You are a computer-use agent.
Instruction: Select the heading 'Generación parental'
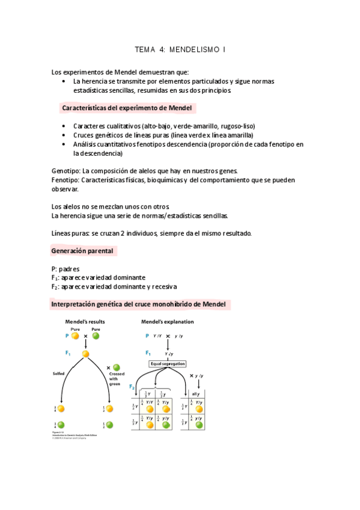pos(83,250)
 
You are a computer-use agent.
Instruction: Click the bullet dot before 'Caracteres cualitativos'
pos(64,126)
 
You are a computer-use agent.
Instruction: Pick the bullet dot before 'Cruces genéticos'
pos(64,135)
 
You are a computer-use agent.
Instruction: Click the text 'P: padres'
pos(66,268)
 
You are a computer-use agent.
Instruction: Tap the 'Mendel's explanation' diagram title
pos(167,322)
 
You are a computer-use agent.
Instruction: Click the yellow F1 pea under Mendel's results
pos(85,354)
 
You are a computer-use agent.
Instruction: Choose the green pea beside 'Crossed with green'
pos(117,367)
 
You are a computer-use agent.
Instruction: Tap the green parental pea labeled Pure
pos(96,336)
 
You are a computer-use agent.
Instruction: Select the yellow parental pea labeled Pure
pos(76,336)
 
